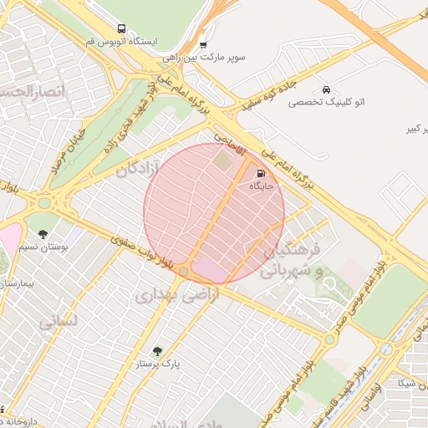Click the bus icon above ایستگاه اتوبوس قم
122,28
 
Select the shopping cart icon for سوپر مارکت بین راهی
203,45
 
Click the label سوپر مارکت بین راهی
205,58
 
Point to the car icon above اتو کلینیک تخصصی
325,89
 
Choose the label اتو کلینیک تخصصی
325,102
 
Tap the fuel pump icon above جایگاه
248,174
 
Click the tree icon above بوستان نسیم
43,235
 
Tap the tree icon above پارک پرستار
158,351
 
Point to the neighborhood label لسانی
58,320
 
